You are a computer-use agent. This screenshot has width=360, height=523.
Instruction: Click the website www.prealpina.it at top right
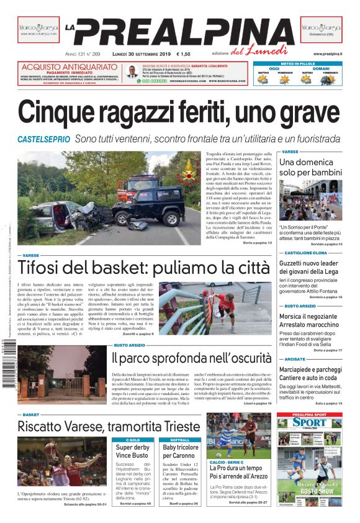[x=328, y=54]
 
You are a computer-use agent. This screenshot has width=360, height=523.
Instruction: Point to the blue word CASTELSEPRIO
[x=43, y=139]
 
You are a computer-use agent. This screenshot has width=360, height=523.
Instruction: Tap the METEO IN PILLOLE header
[x=298, y=63]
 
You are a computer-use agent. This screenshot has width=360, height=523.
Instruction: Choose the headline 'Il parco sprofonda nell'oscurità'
[x=191, y=358]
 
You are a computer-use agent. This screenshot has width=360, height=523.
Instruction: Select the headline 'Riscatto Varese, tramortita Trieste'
[x=109, y=427]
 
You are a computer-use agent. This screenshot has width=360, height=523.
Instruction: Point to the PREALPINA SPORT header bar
[x=309, y=414]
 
